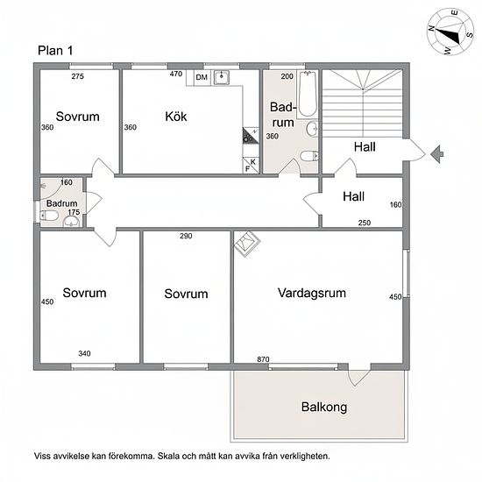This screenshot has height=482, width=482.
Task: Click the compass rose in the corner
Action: point(450,32)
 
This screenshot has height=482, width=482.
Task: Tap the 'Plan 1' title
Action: point(55,51)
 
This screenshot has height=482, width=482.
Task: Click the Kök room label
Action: point(176,117)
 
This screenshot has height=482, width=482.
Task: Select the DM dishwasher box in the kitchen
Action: point(202,77)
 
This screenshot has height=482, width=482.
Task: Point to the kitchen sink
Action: point(222,77)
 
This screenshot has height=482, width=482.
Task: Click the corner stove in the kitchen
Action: point(250,136)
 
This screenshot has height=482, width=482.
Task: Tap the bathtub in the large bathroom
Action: point(308,94)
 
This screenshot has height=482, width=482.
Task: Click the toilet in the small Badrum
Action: point(49,216)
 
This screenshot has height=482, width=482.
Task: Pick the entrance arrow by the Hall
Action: point(436,154)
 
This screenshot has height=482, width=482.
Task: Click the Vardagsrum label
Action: point(312,293)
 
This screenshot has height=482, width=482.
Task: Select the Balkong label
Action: point(324,407)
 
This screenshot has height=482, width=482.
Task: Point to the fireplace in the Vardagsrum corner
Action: point(247,244)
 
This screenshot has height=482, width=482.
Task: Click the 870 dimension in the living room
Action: point(263,359)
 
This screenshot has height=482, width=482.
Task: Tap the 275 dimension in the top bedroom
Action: point(77,76)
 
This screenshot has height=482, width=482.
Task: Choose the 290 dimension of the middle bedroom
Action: point(186,236)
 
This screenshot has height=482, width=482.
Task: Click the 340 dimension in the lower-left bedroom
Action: point(84,353)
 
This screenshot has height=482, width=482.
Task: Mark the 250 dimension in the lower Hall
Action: point(365,223)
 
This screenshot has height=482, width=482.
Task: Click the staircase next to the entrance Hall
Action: point(362,103)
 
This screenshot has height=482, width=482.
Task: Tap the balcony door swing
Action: point(358,378)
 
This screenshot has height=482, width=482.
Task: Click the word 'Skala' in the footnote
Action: point(168,456)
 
